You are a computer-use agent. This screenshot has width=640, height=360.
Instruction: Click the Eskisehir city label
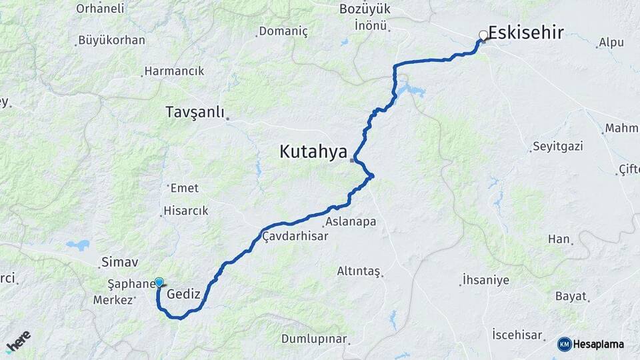coord(526,32)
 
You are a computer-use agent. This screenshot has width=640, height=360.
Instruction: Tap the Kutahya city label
coord(314,153)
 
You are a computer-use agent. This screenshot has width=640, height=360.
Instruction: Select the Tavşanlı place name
coord(195,113)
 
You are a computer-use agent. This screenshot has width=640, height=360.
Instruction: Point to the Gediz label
coord(183,293)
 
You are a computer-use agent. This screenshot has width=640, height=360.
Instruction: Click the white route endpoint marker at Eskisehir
coord(483,35)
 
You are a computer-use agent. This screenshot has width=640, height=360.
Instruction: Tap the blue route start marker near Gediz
coord(159,282)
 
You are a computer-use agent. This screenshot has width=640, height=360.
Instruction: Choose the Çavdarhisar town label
coord(295,237)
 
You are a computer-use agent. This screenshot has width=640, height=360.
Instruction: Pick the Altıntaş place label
coord(358,271)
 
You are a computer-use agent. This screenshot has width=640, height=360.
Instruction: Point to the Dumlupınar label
coord(314,339)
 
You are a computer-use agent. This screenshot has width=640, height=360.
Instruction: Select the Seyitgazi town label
coord(559,147)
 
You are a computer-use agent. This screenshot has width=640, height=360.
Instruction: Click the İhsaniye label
coord(485,280)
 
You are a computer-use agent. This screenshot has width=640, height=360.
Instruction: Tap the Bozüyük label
coord(365,9)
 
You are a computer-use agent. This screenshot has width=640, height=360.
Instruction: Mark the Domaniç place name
coord(283,31)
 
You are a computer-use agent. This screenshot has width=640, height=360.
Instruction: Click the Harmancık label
coord(175,71)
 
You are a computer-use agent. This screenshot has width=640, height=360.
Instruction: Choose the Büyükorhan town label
coord(111,40)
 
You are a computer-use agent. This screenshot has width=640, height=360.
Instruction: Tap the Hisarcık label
coord(186,211)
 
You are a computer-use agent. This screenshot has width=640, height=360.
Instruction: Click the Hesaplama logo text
coord(595,344)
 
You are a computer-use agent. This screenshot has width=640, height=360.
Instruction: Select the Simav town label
coord(119,262)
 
